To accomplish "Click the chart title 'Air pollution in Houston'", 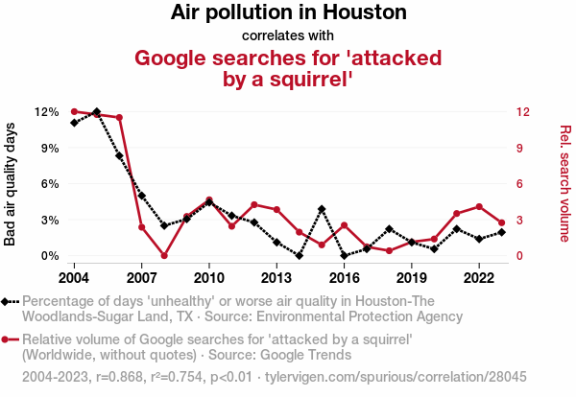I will tap(288, 13).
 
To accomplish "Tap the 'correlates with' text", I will tap(288, 36).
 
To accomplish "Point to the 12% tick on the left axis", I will tap(46, 111).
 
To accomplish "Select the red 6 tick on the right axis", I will tap(518, 183).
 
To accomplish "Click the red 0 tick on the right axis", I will tap(518, 256).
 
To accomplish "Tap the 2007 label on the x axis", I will tap(142, 277).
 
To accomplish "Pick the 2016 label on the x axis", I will tap(345, 277).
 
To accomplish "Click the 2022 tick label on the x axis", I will tap(479, 277).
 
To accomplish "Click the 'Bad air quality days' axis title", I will tap(11, 184).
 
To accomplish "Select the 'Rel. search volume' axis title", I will tap(565, 184).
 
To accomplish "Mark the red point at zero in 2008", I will tap(164, 256).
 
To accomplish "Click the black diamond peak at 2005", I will tap(97, 112).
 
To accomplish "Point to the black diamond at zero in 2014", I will tap(300, 256).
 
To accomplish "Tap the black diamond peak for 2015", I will tap(322, 209).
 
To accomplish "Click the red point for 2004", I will tap(74, 111).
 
